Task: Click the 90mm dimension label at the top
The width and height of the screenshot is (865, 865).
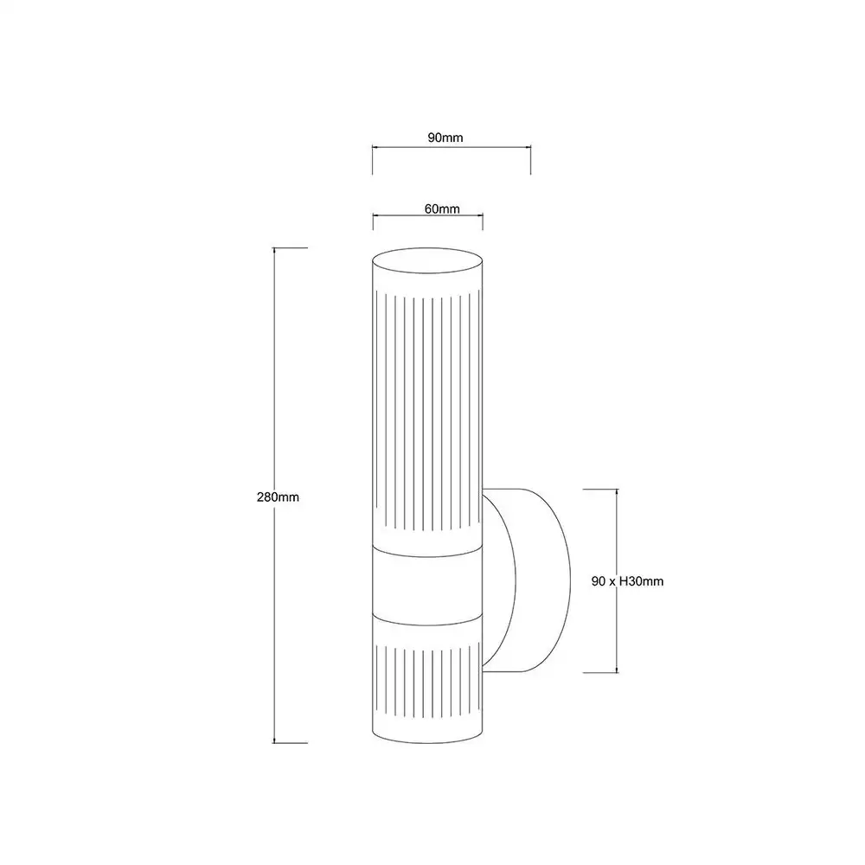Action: (x=445, y=138)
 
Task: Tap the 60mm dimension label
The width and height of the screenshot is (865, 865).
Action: (x=442, y=208)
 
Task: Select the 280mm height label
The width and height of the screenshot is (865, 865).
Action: (x=278, y=497)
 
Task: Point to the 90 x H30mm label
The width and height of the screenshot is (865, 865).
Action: (x=627, y=581)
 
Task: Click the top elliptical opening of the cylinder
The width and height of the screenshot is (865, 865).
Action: (x=427, y=260)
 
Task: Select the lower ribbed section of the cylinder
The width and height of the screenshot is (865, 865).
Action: (x=427, y=682)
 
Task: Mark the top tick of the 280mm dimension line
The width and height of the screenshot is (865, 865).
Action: (x=290, y=247)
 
